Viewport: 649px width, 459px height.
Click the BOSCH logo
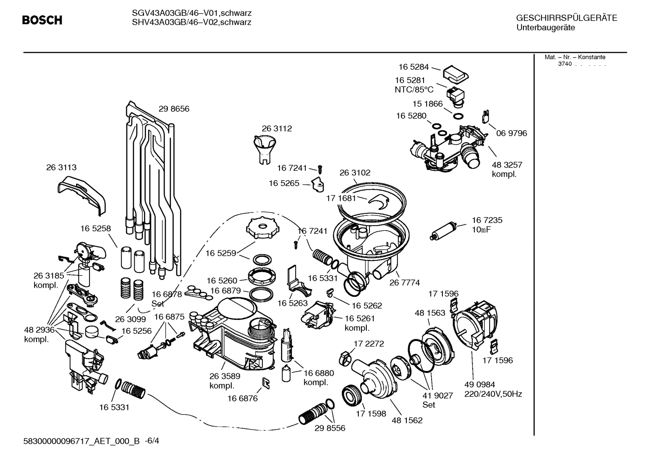pyautogui.click(x=42, y=20)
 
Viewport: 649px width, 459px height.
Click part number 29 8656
pyautogui.click(x=174, y=109)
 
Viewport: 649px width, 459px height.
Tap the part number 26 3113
pyautogui.click(x=61, y=168)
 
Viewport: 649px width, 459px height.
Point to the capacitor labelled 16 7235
pyautogui.click(x=445, y=230)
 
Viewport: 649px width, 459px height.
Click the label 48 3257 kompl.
pyautogui.click(x=507, y=169)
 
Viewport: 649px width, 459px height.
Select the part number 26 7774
pyautogui.click(x=404, y=283)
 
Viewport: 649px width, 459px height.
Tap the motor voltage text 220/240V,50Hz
pyautogui.click(x=493, y=394)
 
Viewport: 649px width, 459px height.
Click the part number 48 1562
pyautogui.click(x=407, y=420)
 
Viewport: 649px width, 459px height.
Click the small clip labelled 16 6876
pyautogui.click(x=266, y=383)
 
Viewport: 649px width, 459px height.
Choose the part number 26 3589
pyautogui.click(x=225, y=376)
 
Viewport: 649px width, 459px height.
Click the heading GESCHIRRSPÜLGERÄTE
pyautogui.click(x=567, y=18)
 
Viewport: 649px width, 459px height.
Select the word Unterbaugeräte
pyautogui.click(x=545, y=28)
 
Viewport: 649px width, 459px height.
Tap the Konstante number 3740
pyautogui.click(x=564, y=64)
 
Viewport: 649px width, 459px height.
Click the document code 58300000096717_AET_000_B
pyautogui.click(x=81, y=441)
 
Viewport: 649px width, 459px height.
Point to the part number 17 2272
pyautogui.click(x=369, y=344)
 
